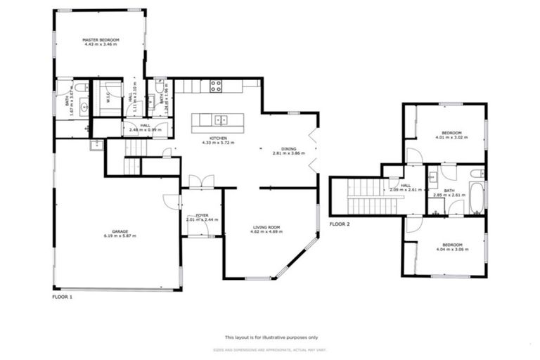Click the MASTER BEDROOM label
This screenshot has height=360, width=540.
[100, 40]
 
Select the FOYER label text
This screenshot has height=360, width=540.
[202, 215]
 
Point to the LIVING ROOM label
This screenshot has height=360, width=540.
[266, 226]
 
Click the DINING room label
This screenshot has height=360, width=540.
[289, 148]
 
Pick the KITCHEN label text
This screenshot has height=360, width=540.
[218, 138]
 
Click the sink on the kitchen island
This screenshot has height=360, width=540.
[221, 119]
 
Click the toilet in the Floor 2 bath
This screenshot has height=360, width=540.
[476, 173]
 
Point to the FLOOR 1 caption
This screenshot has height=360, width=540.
[63, 297]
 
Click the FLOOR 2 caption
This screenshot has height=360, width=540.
[340, 224]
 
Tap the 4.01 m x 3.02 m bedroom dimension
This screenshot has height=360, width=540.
[451, 138]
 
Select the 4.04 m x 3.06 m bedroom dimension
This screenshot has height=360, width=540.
[451, 249]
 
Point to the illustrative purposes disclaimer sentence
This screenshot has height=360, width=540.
[271, 337]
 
